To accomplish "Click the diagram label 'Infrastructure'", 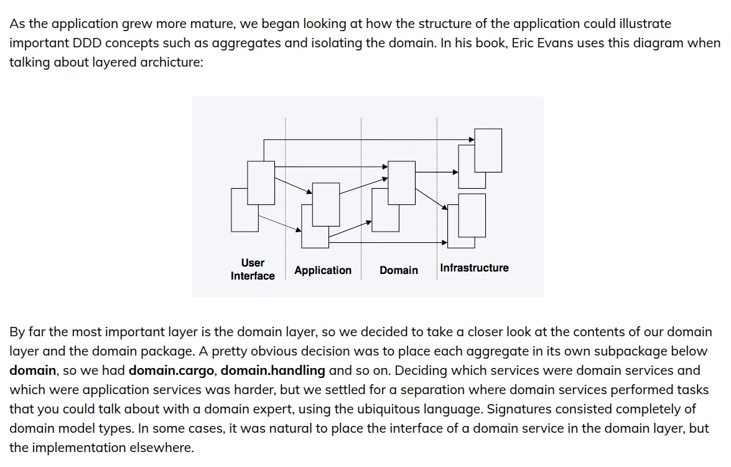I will coord(474,268).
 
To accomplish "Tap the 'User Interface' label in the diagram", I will coord(253,269).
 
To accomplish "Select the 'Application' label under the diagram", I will coord(323,270).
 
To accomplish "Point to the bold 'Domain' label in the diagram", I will coord(399,270).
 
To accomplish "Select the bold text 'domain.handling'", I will coord(273,370).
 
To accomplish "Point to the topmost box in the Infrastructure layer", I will coord(488,149).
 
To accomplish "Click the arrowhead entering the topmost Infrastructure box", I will coord(472,139).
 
